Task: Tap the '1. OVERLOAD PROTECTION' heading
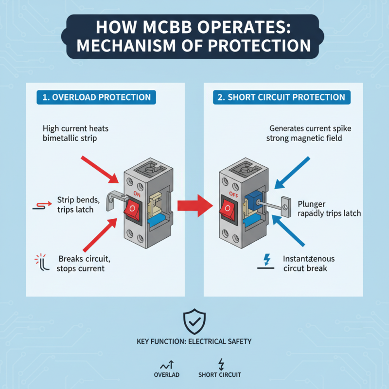[x=96, y=97]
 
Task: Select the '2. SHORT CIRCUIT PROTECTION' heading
[x=282, y=97]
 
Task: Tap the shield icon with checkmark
[x=194, y=321]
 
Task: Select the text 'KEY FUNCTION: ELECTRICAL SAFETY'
[x=194, y=341]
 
